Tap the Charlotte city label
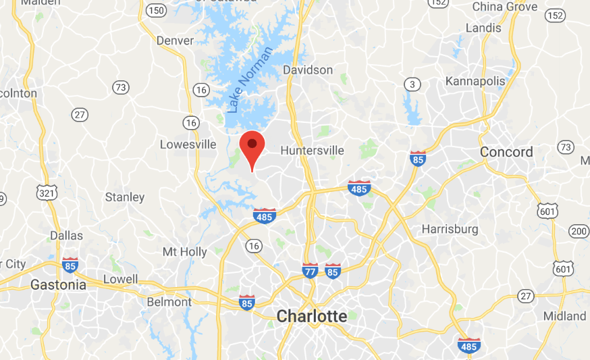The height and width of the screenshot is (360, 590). click(312, 315)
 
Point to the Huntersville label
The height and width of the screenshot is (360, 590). click(312, 150)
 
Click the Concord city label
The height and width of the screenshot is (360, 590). click(506, 152)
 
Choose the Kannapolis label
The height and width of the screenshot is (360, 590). click(475, 81)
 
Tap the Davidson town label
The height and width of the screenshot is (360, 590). click(308, 70)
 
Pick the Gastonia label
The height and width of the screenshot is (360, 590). click(59, 285)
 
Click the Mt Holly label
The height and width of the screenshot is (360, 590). click(184, 252)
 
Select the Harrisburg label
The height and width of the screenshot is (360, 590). click(450, 229)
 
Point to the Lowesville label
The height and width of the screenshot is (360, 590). click(188, 144)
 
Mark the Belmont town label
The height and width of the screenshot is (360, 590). click(169, 302)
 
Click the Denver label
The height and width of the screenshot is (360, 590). click(175, 41)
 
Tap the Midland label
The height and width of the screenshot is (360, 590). click(564, 316)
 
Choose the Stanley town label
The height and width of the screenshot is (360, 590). click(125, 197)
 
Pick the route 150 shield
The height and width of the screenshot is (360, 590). click(156, 9)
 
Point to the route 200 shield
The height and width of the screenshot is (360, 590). click(579, 231)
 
